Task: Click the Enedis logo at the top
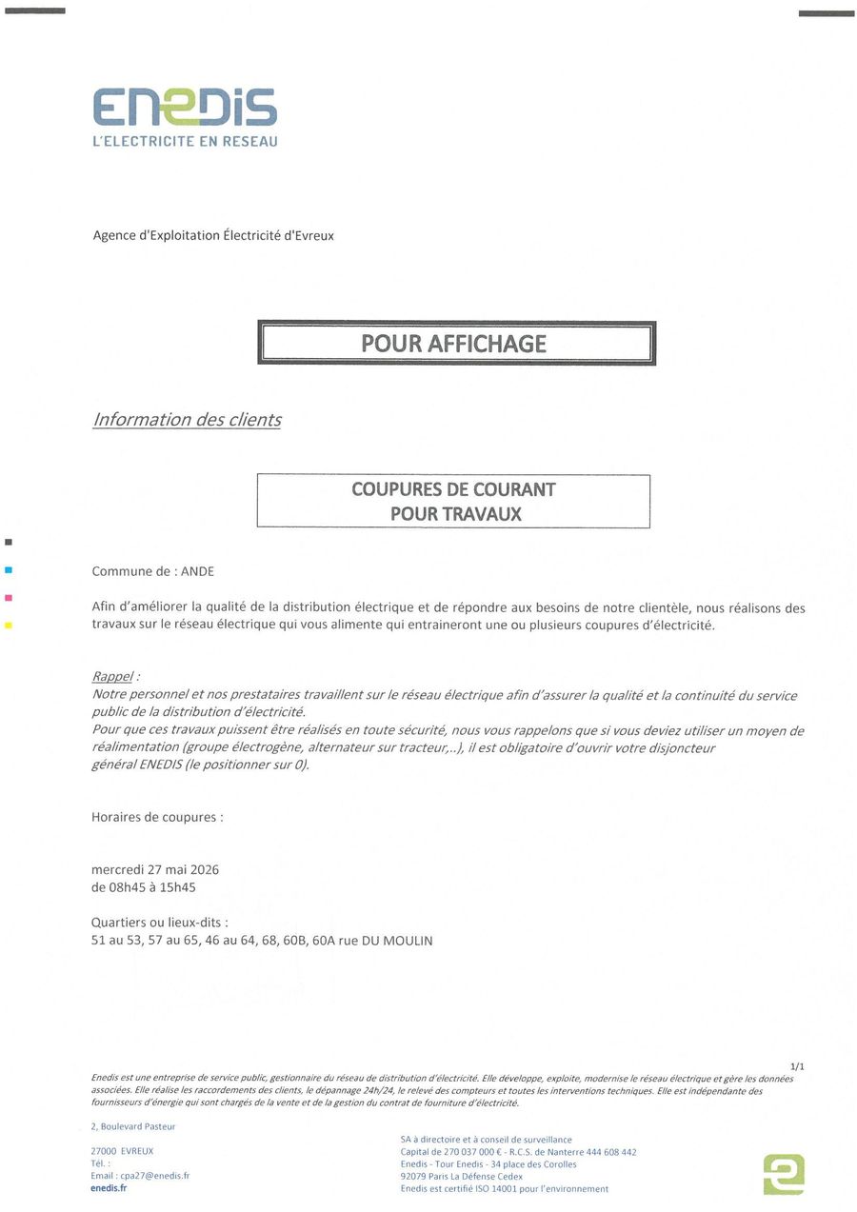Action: [185, 108]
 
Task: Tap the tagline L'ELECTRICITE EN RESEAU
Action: [185, 142]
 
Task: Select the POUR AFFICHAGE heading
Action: [454, 344]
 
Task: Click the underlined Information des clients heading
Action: [187, 420]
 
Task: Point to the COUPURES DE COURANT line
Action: [453, 489]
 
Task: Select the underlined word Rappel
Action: [112, 676]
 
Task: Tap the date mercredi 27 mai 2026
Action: [155, 869]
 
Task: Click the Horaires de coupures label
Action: [157, 817]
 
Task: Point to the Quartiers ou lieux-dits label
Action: [160, 923]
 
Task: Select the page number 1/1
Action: [797, 1067]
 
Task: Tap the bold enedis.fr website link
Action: [109, 1188]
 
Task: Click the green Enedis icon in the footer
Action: [784, 1174]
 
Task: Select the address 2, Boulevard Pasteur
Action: [133, 1126]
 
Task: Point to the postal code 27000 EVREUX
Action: [122, 1151]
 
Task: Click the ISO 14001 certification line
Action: [504, 1189]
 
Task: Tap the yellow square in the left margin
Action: [9, 626]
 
